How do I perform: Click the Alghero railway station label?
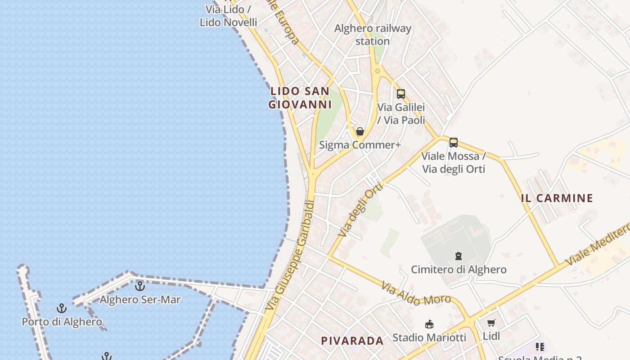tap(373, 35)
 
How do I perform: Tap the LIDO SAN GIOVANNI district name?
tap(300, 98)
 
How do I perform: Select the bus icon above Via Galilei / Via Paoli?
tap(400, 94)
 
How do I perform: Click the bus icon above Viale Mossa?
tap(453, 143)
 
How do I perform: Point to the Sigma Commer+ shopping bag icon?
tap(360, 131)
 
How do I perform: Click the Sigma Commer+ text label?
tap(360, 145)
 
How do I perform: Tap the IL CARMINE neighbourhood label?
tap(557, 198)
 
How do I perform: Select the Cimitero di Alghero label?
tap(459, 270)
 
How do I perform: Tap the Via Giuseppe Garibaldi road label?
tap(289, 256)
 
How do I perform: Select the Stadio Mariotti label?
tap(429, 337)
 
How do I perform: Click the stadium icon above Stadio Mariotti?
tap(429, 324)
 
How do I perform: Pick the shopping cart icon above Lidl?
tap(491, 323)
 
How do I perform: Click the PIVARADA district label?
tap(352, 341)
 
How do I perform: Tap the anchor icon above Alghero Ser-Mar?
tap(140, 286)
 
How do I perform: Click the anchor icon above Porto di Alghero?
tap(62, 308)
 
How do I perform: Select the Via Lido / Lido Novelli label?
tap(228, 16)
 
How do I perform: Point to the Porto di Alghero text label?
tap(62, 322)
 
